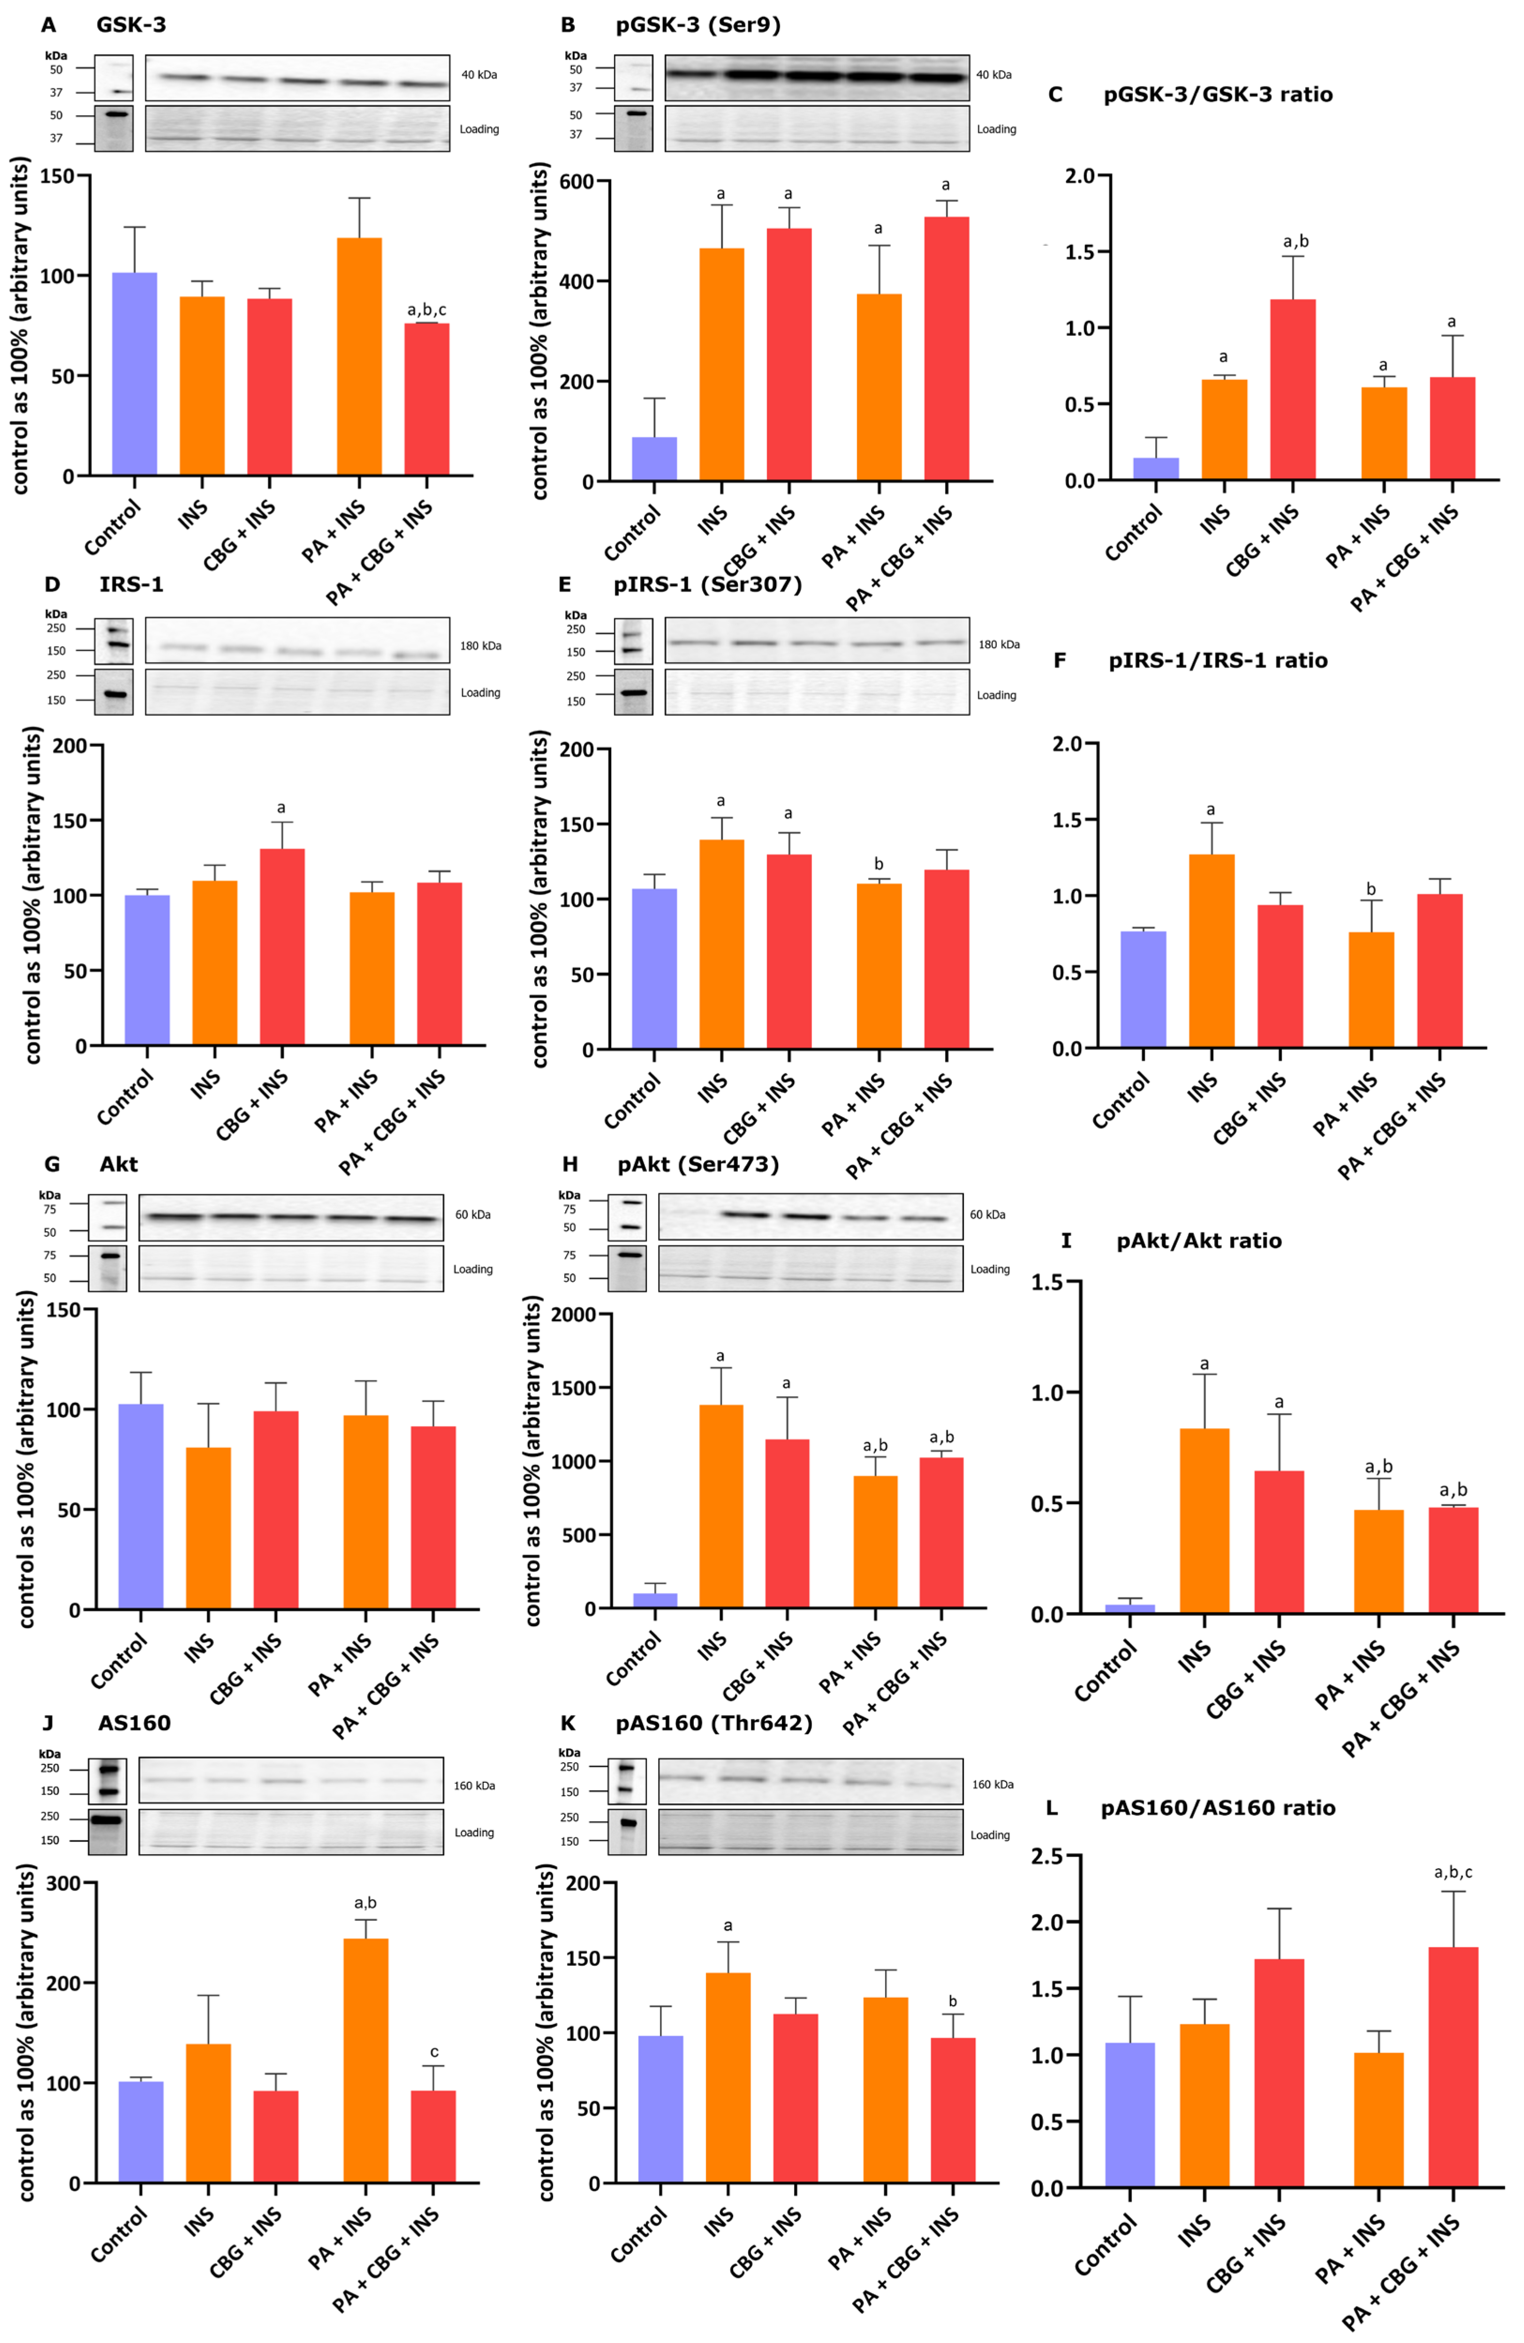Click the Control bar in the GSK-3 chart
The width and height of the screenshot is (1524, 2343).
pos(135,374)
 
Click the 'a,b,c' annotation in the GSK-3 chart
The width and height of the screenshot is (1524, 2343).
pos(426,310)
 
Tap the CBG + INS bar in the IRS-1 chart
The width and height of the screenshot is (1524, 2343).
pos(281,945)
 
